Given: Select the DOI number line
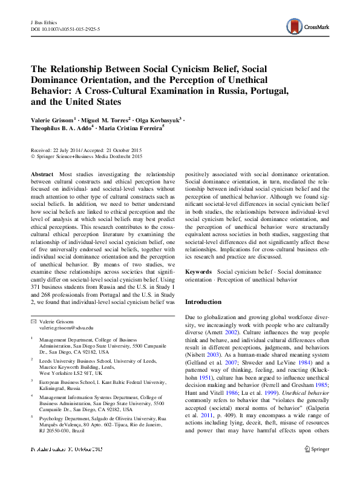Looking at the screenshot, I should [x=65, y=29].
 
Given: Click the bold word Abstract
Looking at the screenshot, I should [x=42, y=174].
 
